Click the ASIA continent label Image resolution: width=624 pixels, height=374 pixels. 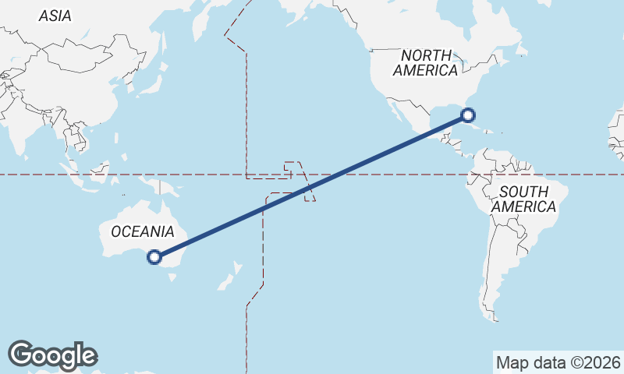pos(55,16)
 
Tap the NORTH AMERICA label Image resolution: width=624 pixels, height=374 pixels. pos(426,62)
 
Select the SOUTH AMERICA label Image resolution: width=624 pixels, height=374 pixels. pos(523,199)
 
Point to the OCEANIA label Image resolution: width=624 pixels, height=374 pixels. pos(142,231)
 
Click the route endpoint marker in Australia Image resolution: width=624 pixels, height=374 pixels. pos(154,256)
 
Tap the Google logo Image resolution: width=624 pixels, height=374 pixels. pos(52,355)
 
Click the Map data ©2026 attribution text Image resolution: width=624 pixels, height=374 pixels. pos(558,362)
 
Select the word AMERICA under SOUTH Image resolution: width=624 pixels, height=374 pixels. pos(523,207)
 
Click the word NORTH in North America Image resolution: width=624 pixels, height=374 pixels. pos(426,55)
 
